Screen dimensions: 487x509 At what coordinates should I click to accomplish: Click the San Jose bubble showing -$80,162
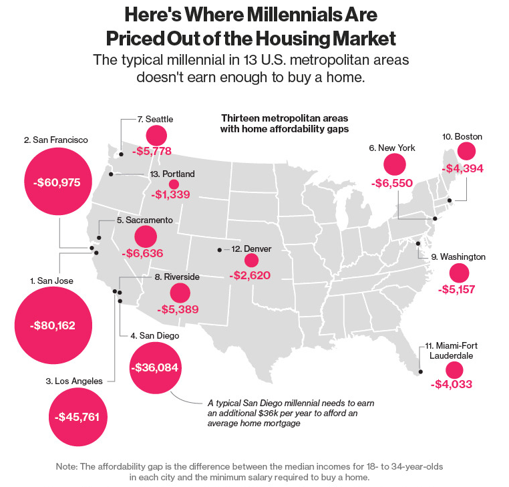(x=53, y=326)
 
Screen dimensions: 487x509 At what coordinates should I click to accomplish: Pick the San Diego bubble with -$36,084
(x=156, y=368)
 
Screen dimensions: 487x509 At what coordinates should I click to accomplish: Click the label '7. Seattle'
(x=155, y=119)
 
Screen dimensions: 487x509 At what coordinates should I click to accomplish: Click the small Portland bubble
(x=174, y=184)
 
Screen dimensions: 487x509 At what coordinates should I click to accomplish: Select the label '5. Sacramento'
(x=144, y=220)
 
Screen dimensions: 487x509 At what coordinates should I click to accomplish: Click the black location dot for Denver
(x=219, y=250)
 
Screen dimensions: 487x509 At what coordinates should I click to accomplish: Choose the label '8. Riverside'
(x=178, y=276)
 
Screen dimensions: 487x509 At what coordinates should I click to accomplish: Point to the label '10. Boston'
(x=462, y=136)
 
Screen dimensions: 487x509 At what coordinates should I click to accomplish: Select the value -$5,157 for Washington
(x=458, y=291)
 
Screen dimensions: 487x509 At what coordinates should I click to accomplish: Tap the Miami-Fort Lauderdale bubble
(x=454, y=371)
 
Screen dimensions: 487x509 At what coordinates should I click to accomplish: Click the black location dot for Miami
(x=421, y=372)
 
